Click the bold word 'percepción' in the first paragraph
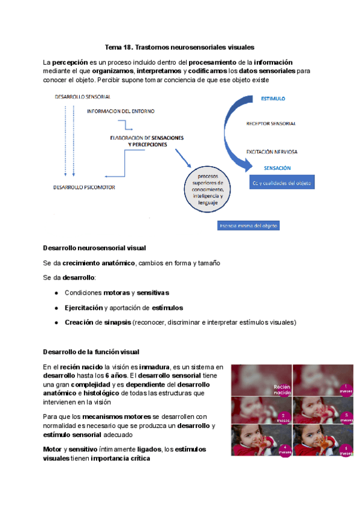(70, 62)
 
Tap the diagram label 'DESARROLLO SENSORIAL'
(82, 97)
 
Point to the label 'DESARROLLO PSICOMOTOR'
(84, 187)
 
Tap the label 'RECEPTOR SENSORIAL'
(271, 124)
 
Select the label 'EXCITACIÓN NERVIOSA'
(272, 152)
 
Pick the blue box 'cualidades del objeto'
(281, 183)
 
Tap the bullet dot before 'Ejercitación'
(56, 308)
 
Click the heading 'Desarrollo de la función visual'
(92, 351)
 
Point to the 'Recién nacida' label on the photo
(281, 390)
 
